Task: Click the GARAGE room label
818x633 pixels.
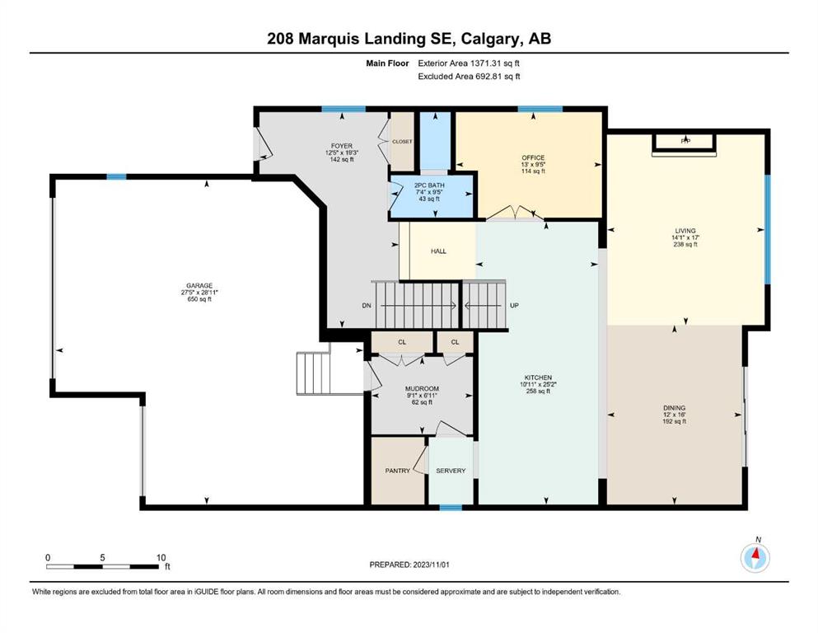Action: tap(200, 285)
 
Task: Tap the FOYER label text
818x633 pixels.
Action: tap(342, 146)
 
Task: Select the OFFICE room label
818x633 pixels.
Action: tap(533, 157)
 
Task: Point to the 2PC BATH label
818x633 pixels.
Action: tap(429, 185)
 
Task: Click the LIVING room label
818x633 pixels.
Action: tap(685, 231)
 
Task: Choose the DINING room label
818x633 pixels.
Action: tap(675, 408)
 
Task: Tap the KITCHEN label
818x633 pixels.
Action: tap(539, 377)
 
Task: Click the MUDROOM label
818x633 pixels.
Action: tap(422, 389)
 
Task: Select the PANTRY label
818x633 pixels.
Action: tap(398, 471)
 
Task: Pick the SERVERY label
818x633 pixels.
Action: tap(451, 471)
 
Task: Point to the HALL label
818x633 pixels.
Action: tap(439, 251)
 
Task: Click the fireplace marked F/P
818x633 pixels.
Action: tap(685, 142)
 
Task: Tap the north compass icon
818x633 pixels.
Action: tap(755, 557)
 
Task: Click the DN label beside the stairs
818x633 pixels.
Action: tap(367, 305)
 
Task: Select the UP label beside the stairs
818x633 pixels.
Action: tap(514, 305)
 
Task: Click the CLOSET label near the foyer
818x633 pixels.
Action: tap(402, 142)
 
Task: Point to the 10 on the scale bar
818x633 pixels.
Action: tap(161, 557)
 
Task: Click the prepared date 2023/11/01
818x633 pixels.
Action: tap(431, 565)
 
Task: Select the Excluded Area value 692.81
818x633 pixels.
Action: tap(490, 76)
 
